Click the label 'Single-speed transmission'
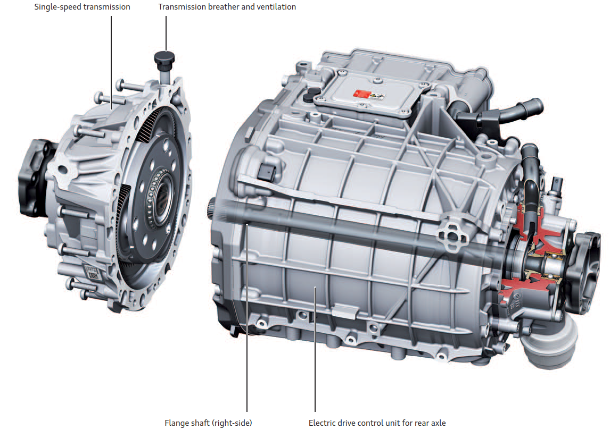[82, 7]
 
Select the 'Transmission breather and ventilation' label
[227, 7]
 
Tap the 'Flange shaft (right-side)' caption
[208, 423]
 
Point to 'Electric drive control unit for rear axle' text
[377, 423]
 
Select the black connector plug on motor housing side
[267, 172]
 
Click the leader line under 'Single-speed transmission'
[111, 63]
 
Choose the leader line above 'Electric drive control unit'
[315, 349]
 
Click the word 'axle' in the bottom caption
[438, 423]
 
